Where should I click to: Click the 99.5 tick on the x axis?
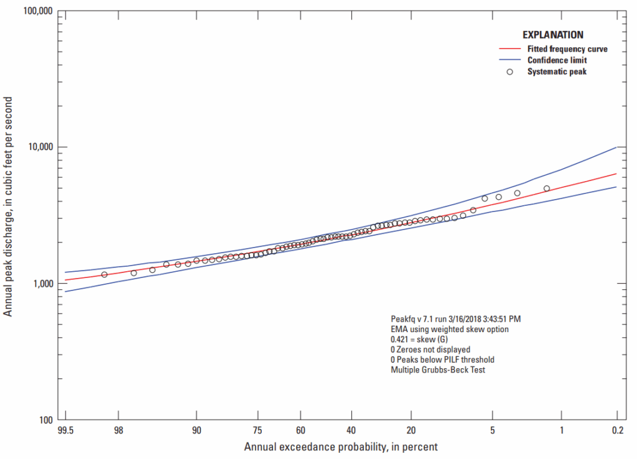point(65,430)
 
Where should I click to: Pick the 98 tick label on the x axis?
point(118,430)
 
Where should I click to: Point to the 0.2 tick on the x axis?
point(616,430)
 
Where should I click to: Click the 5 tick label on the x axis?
point(492,430)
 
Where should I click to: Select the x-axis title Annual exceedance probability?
point(340,447)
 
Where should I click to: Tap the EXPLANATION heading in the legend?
point(553,35)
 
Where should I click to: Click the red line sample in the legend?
point(510,49)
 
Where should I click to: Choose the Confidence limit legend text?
point(557,60)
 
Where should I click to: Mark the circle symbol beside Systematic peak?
point(510,72)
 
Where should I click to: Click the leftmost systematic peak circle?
point(105,274)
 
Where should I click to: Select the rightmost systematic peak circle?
point(547,188)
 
